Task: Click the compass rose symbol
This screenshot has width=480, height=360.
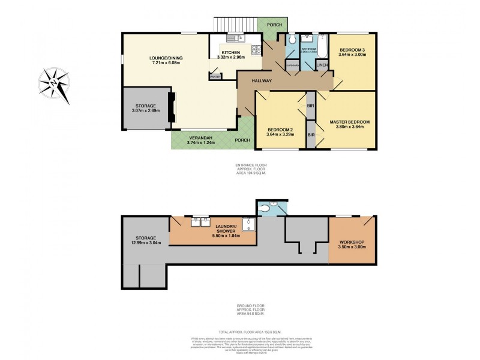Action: [55, 83]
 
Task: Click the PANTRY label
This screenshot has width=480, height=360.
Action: [215, 76]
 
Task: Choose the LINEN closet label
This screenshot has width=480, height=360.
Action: [322, 65]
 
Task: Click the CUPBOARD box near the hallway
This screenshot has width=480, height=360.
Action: [292, 65]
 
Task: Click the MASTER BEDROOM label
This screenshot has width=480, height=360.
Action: [349, 122]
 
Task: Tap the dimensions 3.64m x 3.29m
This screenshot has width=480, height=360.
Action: [281, 134]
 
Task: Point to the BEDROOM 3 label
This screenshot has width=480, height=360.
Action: [352, 50]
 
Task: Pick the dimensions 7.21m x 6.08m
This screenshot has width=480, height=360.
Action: [166, 63]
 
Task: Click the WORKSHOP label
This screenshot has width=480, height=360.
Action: [352, 242]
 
